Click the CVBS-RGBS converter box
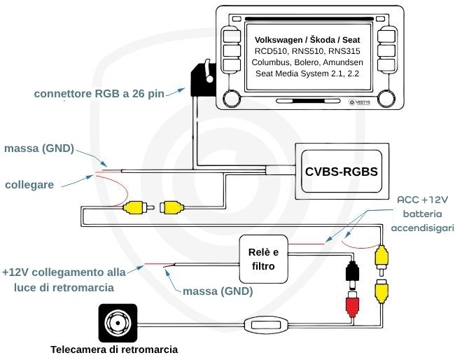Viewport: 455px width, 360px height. point(342,170)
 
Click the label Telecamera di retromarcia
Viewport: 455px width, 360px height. point(114,349)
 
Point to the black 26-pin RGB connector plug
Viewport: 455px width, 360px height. point(200,78)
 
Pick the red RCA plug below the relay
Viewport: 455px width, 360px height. point(352,303)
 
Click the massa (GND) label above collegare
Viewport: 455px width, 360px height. point(38,148)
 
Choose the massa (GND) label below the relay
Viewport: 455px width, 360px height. point(217,291)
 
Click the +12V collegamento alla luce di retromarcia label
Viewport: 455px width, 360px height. point(65,279)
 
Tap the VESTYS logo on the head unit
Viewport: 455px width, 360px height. point(359,102)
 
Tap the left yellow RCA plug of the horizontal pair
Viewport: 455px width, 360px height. point(135,207)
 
